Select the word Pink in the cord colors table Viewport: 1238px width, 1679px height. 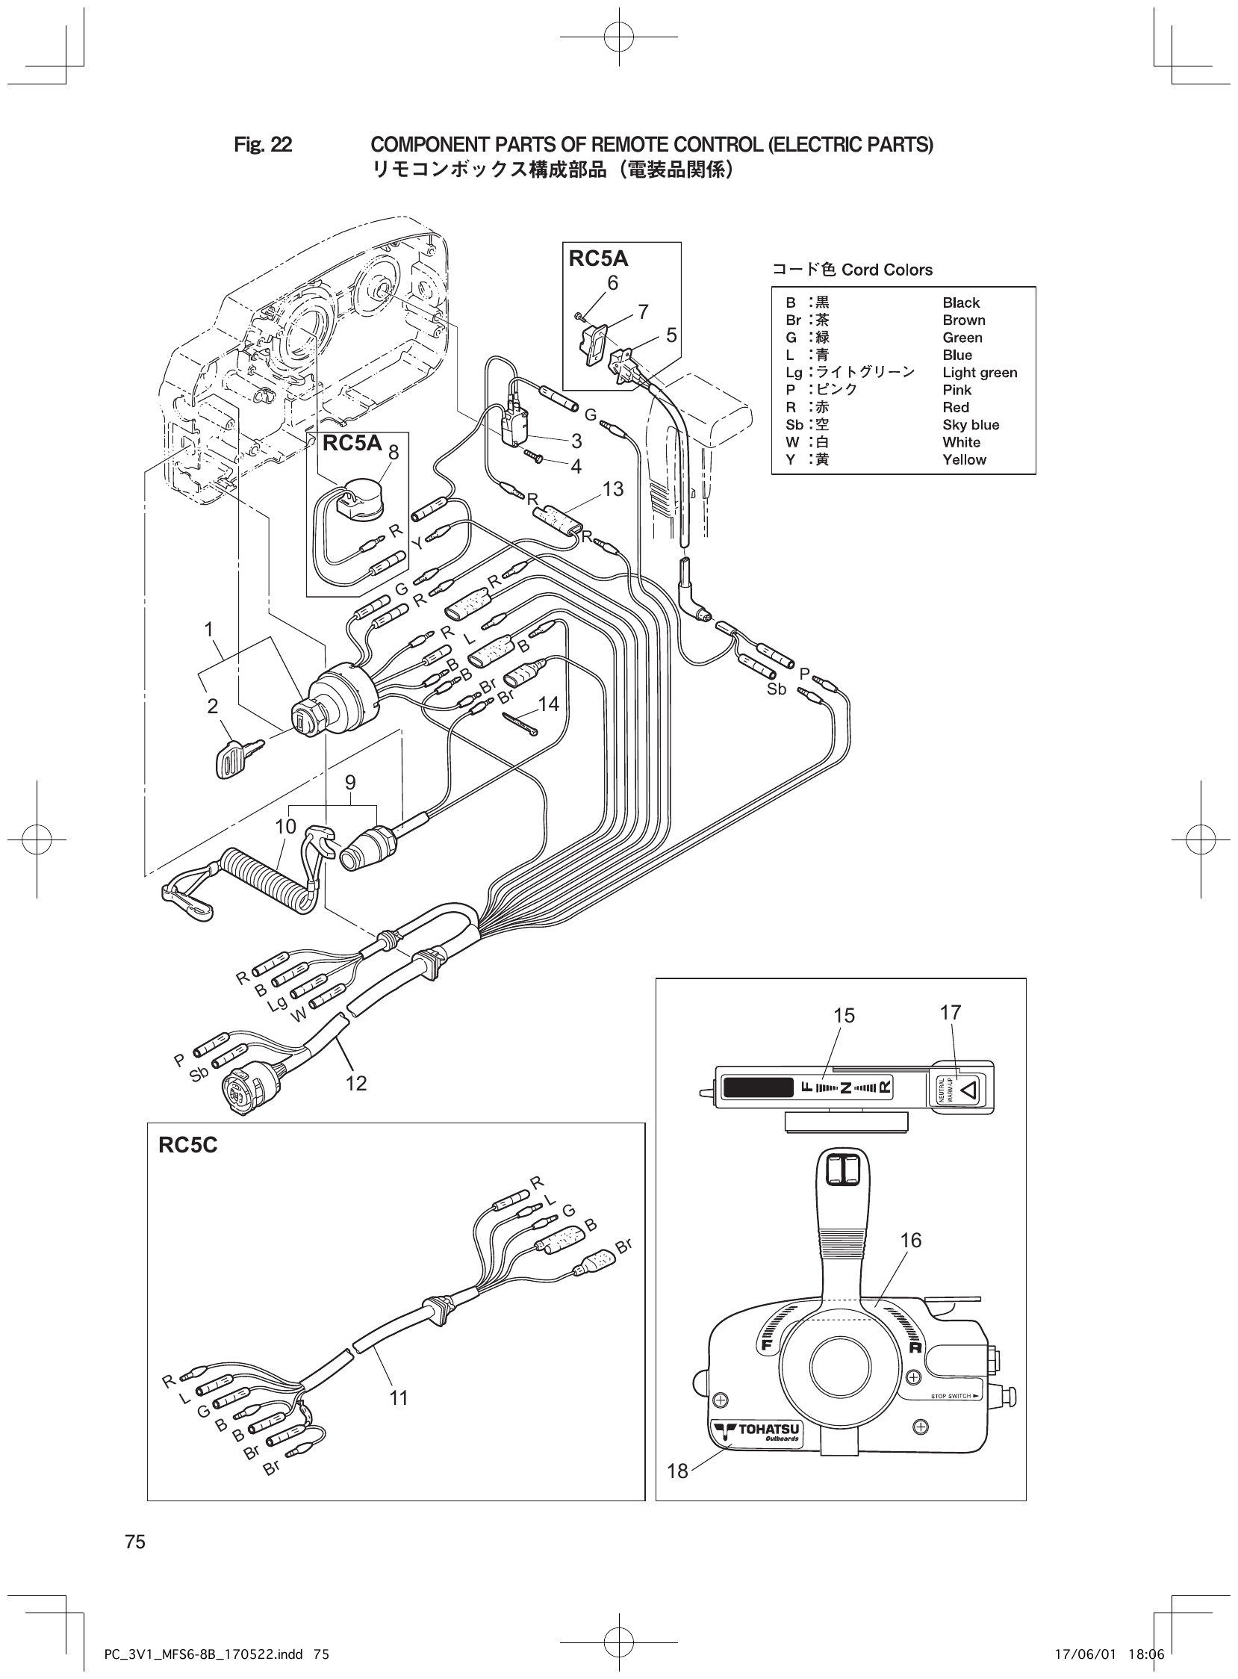point(957,390)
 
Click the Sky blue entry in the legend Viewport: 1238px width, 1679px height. point(971,425)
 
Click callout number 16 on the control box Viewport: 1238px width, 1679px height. point(910,1240)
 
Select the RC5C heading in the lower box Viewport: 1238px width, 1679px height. point(188,1145)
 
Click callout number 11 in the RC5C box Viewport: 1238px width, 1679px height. point(398,1397)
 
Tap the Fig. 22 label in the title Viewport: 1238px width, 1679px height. point(262,145)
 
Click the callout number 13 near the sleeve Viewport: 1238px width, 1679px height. point(612,488)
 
